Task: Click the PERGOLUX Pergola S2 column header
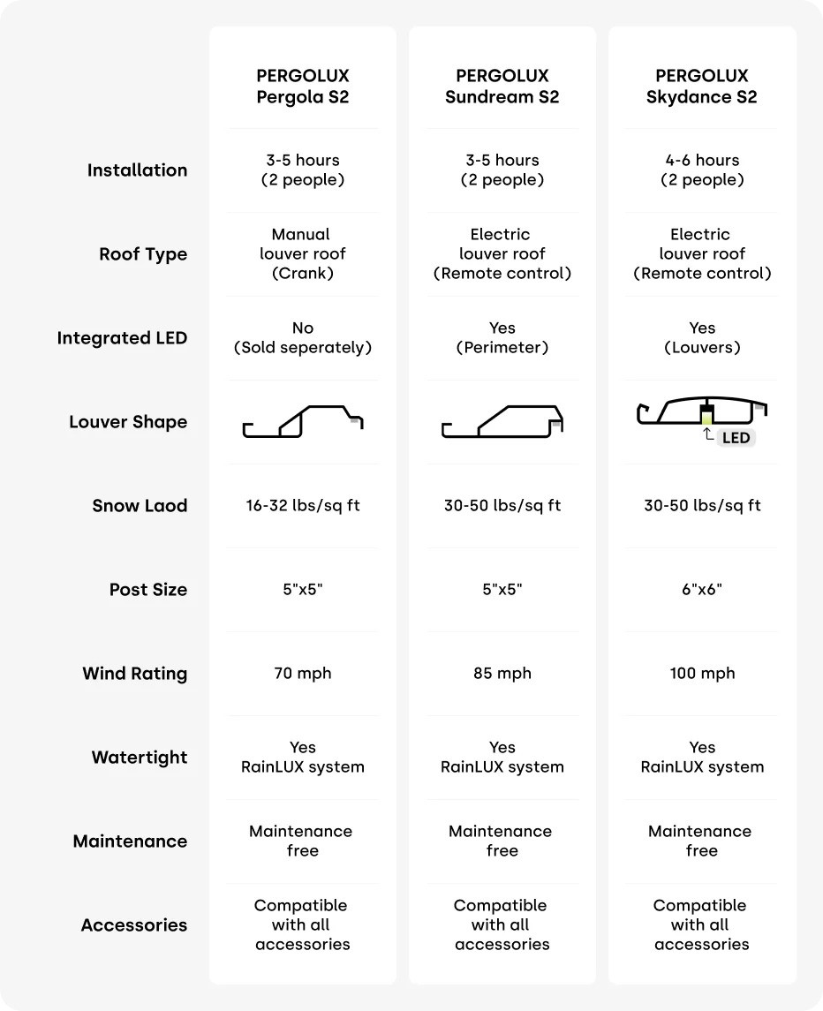click(303, 87)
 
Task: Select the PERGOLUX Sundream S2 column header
click(502, 87)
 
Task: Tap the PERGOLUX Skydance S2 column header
click(702, 87)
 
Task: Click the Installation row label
click(137, 170)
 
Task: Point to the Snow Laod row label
click(140, 506)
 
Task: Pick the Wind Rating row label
click(135, 674)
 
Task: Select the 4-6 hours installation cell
click(702, 170)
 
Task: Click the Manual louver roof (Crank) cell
click(302, 253)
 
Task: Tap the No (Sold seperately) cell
click(303, 337)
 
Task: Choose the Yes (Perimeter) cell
click(502, 337)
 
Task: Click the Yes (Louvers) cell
click(702, 337)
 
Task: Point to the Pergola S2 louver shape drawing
click(303, 421)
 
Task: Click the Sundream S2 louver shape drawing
click(502, 421)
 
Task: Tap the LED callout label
click(736, 438)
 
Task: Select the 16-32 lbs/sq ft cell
click(303, 506)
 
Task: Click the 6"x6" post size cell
click(702, 589)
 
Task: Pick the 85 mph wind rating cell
click(502, 674)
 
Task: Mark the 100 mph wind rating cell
click(702, 674)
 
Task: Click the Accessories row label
click(134, 925)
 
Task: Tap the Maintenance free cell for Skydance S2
click(700, 841)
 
